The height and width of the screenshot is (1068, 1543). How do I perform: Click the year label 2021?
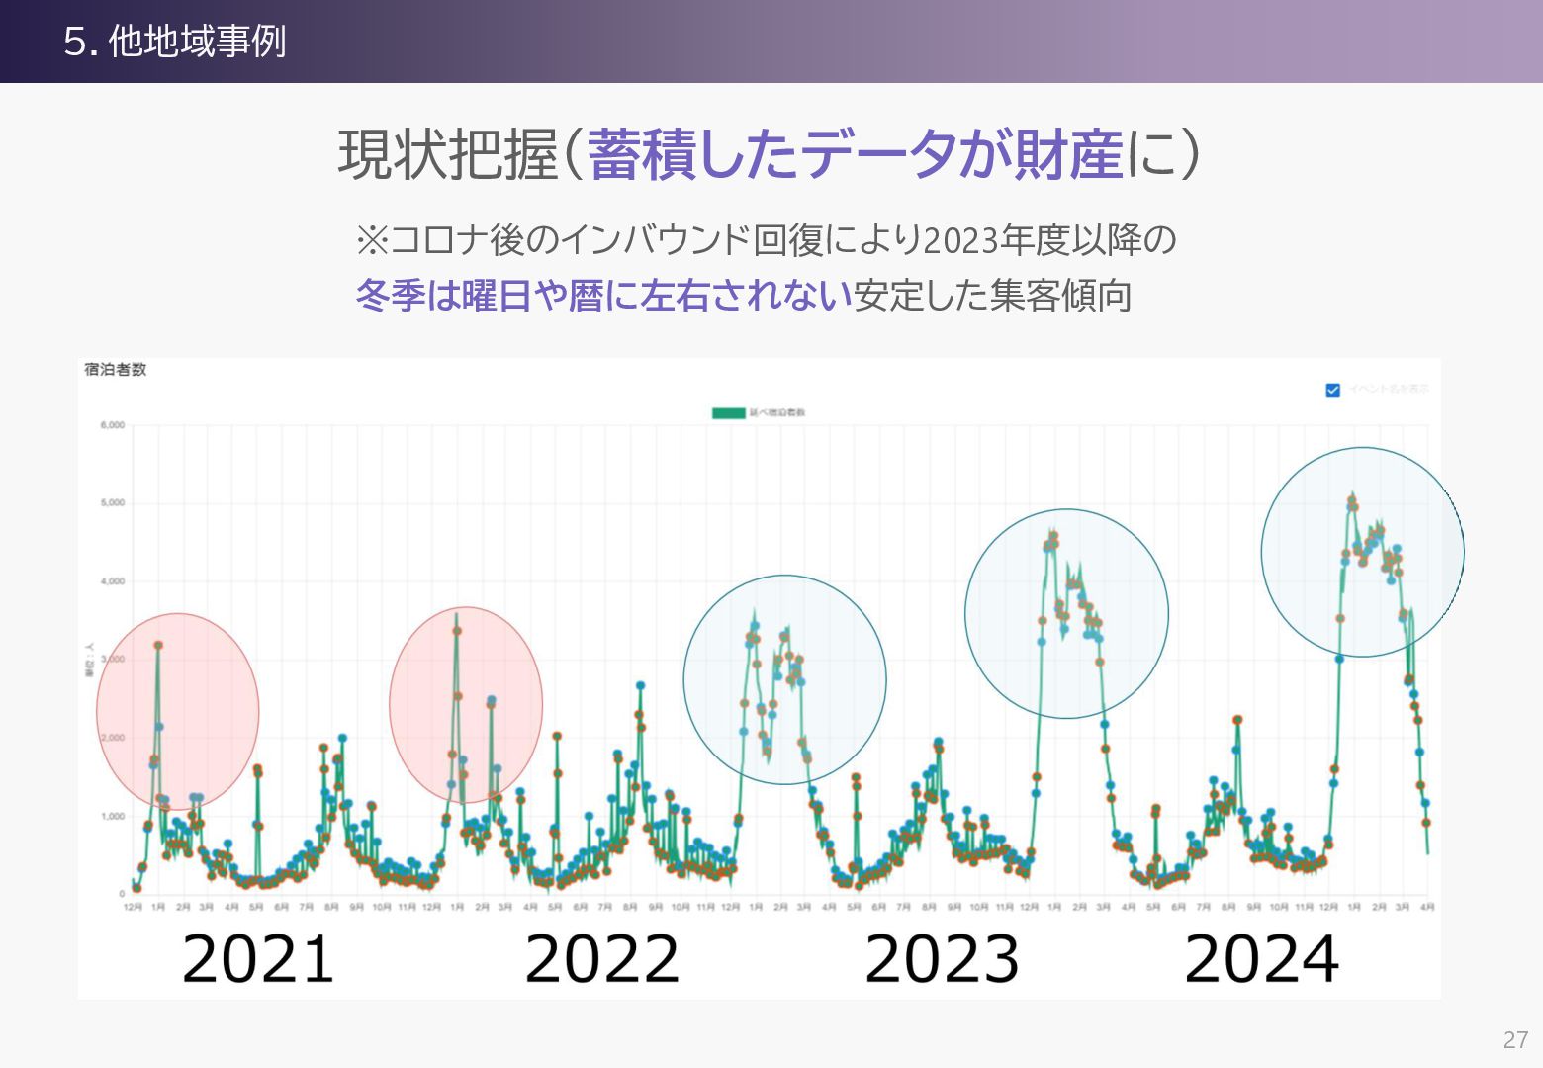pyautogui.click(x=258, y=958)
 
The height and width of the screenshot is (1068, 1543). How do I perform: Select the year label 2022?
pyautogui.click(x=601, y=958)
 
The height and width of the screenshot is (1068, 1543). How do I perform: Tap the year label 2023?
pyautogui.click(x=942, y=958)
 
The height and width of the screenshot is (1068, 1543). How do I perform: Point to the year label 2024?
pyautogui.click(x=1261, y=958)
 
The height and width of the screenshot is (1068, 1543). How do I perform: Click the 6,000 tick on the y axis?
pyautogui.click(x=112, y=425)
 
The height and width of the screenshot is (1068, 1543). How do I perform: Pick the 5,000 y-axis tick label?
pyautogui.click(x=112, y=503)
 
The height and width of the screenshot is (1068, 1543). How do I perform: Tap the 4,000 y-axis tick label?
pyautogui.click(x=112, y=581)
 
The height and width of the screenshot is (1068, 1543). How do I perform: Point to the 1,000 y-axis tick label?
pyautogui.click(x=112, y=816)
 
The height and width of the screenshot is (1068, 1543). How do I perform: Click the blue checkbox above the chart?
pyautogui.click(x=1332, y=390)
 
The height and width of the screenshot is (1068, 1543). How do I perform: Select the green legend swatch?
pyautogui.click(x=728, y=412)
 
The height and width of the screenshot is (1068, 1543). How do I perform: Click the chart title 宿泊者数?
pyautogui.click(x=116, y=370)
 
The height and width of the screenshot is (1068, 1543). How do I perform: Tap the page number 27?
pyautogui.click(x=1515, y=1039)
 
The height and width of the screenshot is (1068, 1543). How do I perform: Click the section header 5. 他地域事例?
pyautogui.click(x=175, y=42)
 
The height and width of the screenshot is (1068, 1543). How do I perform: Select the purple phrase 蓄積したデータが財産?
pyautogui.click(x=856, y=155)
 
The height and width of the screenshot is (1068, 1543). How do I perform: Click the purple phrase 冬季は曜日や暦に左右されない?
pyautogui.click(x=603, y=295)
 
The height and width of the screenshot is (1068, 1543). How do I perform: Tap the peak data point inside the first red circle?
pyautogui.click(x=158, y=646)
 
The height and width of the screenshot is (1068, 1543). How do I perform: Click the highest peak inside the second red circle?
pyautogui.click(x=456, y=629)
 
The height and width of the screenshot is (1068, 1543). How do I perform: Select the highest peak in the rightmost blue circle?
pyautogui.click(x=1352, y=498)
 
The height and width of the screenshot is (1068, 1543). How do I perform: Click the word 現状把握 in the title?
pyautogui.click(x=448, y=155)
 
